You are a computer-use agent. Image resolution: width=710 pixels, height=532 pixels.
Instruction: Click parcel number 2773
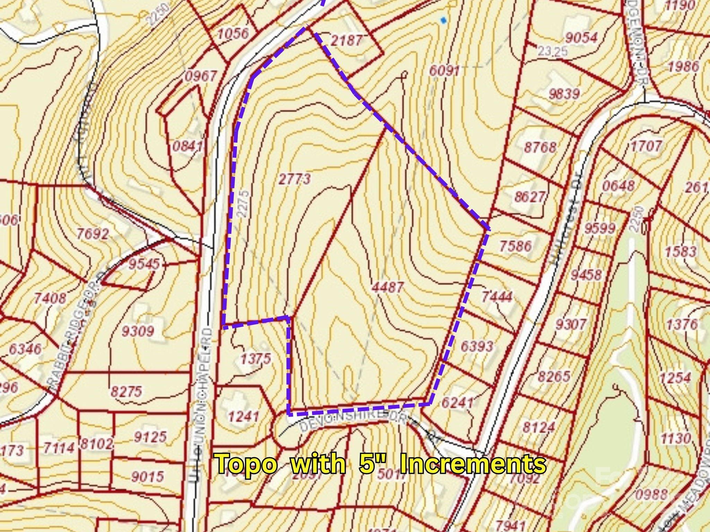pyautogui.click(x=294, y=179)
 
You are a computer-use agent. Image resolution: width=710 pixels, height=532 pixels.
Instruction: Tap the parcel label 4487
pyautogui.click(x=387, y=287)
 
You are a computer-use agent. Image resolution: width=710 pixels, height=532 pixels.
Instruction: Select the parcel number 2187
pyautogui.click(x=346, y=41)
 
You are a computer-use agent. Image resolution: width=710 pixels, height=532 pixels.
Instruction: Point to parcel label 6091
pyautogui.click(x=444, y=71)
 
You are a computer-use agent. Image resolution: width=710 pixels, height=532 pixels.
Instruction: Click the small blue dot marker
pyautogui.click(x=443, y=20)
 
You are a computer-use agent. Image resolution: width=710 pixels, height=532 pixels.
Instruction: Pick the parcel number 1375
pyautogui.click(x=256, y=359)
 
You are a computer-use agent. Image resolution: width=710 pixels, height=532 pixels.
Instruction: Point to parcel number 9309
pyautogui.click(x=137, y=331)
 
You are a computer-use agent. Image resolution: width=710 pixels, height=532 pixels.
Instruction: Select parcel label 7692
pyautogui.click(x=92, y=234)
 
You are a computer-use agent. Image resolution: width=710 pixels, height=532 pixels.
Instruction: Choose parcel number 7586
pyautogui.click(x=515, y=246)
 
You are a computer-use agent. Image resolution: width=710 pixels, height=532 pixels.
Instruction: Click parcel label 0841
pyautogui.click(x=188, y=147)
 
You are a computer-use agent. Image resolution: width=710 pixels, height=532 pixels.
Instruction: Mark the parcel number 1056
pyautogui.click(x=233, y=34)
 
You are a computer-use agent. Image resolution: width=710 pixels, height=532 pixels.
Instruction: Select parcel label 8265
pyautogui.click(x=554, y=376)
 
